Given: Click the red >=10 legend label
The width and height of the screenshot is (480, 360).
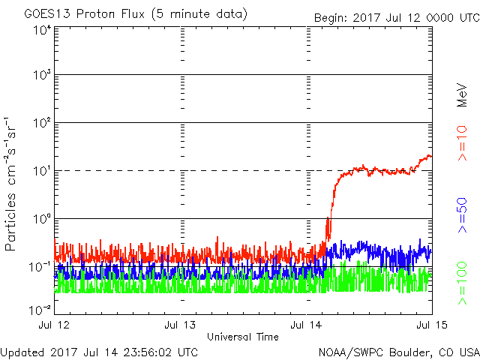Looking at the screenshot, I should coord(462,143).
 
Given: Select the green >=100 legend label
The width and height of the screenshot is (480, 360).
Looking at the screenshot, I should coord(462,283).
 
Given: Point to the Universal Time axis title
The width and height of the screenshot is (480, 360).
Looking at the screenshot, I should coord(243,337).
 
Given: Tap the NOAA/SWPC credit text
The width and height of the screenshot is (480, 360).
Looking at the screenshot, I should coord(398,352).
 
